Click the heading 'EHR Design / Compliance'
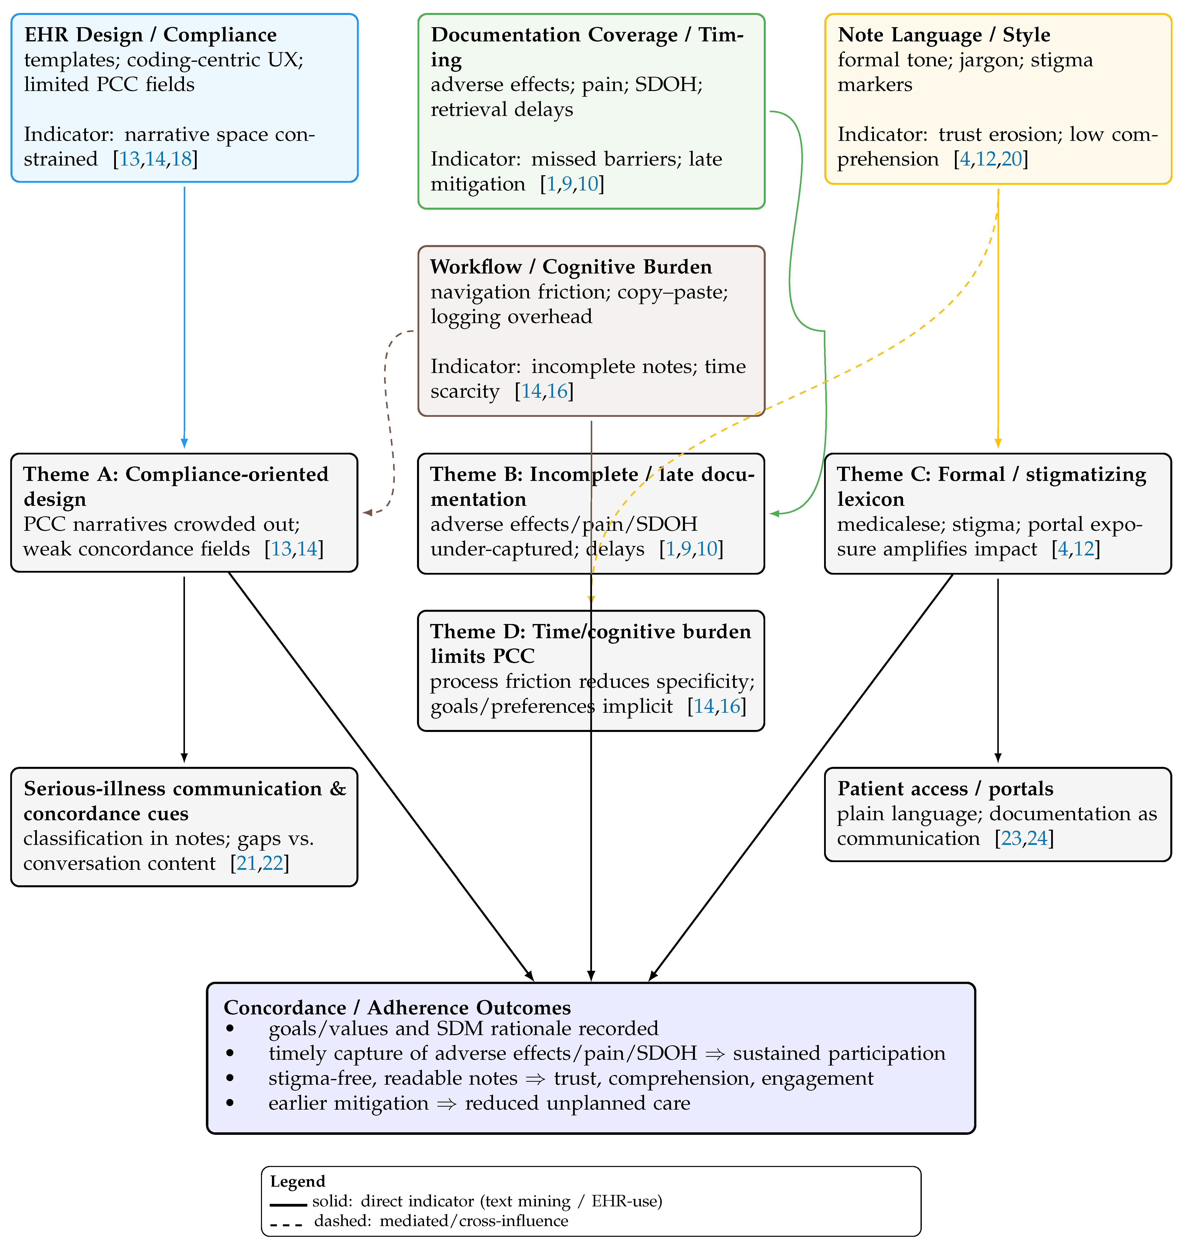click(150, 35)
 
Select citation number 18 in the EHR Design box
click(181, 159)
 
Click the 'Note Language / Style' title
click(944, 35)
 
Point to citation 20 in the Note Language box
click(1011, 159)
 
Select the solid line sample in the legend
click(288, 1205)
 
